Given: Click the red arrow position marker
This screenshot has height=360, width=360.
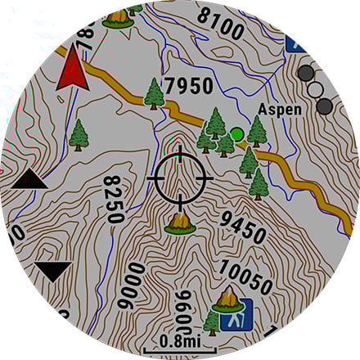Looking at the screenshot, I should pos(74,68).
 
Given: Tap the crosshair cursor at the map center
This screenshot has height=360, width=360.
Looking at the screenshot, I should pos(180,177).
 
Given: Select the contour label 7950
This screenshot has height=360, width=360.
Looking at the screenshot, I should pos(188,86).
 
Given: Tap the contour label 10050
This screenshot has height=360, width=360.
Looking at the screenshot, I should pos(245,277).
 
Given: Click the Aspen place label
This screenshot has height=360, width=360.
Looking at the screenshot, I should pos(280,110).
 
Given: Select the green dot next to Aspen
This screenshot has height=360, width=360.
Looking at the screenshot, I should pos(237,133).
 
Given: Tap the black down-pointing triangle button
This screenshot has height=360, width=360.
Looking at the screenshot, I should pos(54,271).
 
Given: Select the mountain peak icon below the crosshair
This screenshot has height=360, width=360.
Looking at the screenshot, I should pos(180,220).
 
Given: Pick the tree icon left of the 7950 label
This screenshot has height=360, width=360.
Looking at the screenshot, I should pos(153,93).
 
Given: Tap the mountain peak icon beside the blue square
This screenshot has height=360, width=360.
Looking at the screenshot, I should pos(226,301).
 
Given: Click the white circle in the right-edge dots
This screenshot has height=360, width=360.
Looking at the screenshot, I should pos(316,89).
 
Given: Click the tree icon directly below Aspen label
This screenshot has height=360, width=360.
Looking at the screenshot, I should pos(257,131).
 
